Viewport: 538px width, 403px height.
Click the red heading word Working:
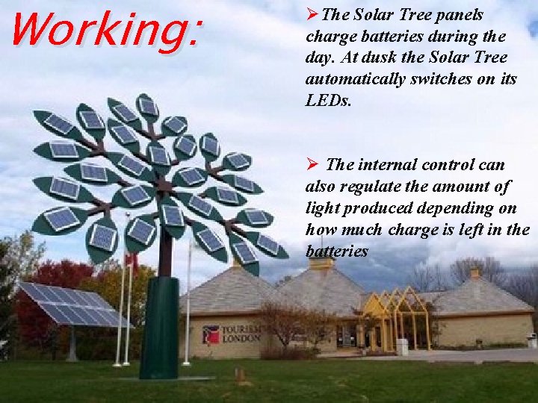[x=105, y=29]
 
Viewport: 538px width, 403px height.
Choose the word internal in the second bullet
[x=387, y=164]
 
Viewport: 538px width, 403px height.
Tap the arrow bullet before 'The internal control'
[x=314, y=164]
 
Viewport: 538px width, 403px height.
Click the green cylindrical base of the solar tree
[x=159, y=328]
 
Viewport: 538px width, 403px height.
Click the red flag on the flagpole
[x=132, y=260]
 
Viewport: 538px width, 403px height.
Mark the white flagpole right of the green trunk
[x=188, y=306]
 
